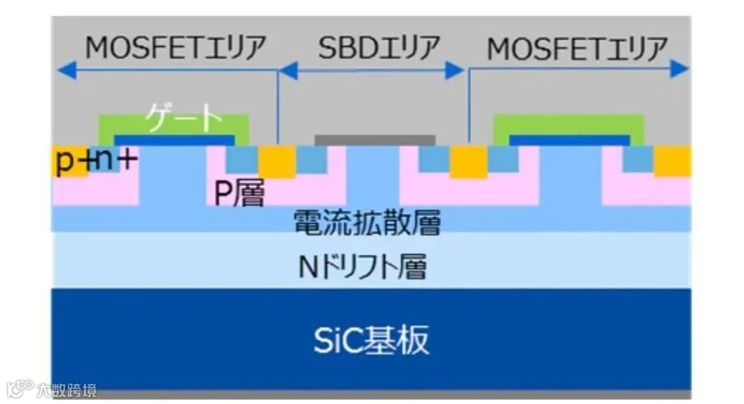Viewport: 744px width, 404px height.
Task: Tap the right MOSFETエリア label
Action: click(577, 49)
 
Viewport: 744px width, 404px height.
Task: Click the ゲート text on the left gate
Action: click(184, 120)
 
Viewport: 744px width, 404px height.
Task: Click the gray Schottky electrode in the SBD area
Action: click(374, 140)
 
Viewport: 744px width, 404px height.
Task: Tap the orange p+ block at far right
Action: click(673, 161)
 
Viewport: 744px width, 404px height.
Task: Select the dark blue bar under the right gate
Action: click(569, 140)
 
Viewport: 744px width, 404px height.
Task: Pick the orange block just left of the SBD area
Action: click(276, 161)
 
